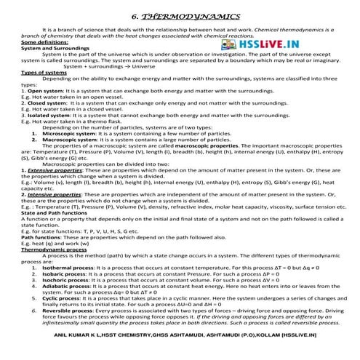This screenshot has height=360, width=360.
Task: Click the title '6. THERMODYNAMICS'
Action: coord(180,15)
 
